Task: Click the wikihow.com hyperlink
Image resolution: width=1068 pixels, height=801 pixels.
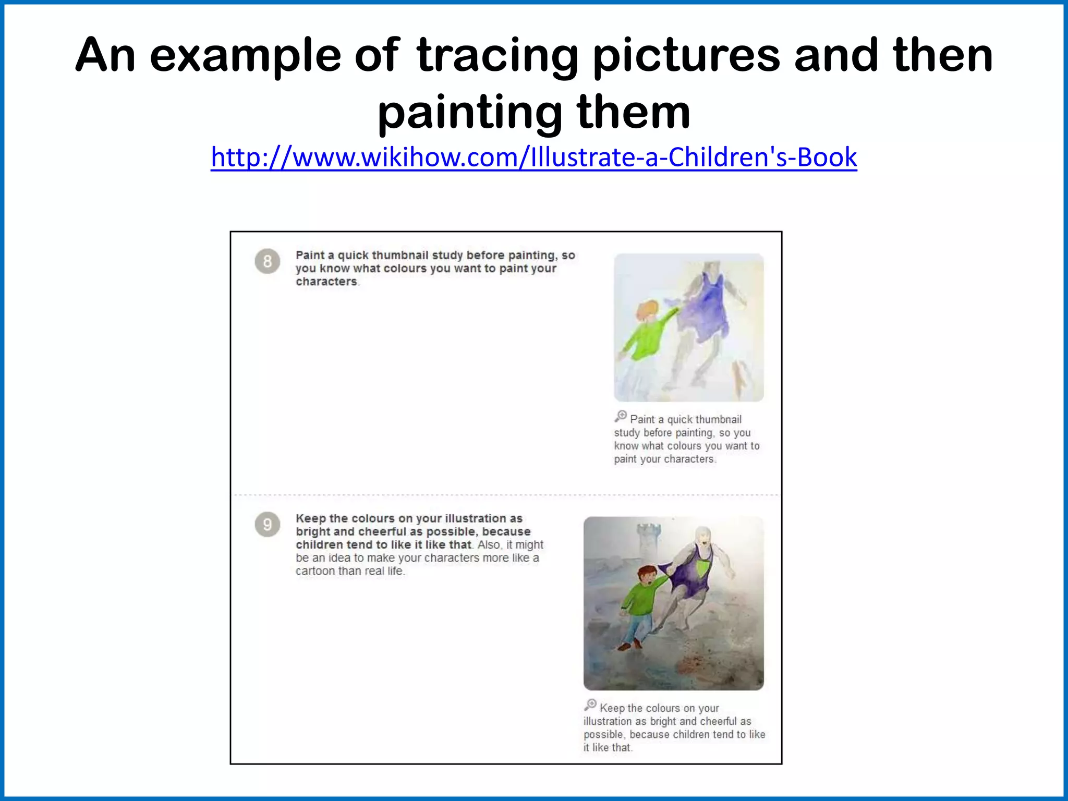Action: coord(533,157)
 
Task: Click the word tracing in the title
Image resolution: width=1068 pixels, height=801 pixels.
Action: coord(497,56)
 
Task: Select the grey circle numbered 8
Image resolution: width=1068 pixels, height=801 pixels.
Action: coord(268,261)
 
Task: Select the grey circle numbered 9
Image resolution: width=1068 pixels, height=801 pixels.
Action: coord(268,524)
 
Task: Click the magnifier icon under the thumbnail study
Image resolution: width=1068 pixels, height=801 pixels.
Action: coord(621,416)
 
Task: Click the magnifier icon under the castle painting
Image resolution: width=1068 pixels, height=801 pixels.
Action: coord(590,705)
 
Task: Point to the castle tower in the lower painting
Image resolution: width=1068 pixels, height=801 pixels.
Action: coord(648,542)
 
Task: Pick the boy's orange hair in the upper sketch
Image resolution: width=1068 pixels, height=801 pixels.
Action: coord(647,311)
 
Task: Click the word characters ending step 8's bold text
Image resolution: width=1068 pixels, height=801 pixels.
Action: coord(327,282)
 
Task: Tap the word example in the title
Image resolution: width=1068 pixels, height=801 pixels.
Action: coord(245,56)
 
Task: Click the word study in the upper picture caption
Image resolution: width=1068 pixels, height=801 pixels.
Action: coord(626,433)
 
